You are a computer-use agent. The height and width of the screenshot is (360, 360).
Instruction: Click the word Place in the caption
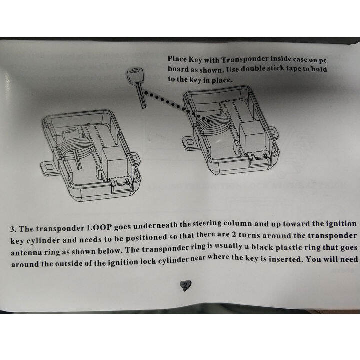coord(178,59)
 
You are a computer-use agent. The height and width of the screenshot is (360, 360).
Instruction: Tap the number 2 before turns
coord(233,236)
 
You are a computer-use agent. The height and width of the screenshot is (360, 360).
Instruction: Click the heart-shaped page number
coord(185,285)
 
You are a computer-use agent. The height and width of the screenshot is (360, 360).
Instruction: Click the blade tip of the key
coord(143,105)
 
